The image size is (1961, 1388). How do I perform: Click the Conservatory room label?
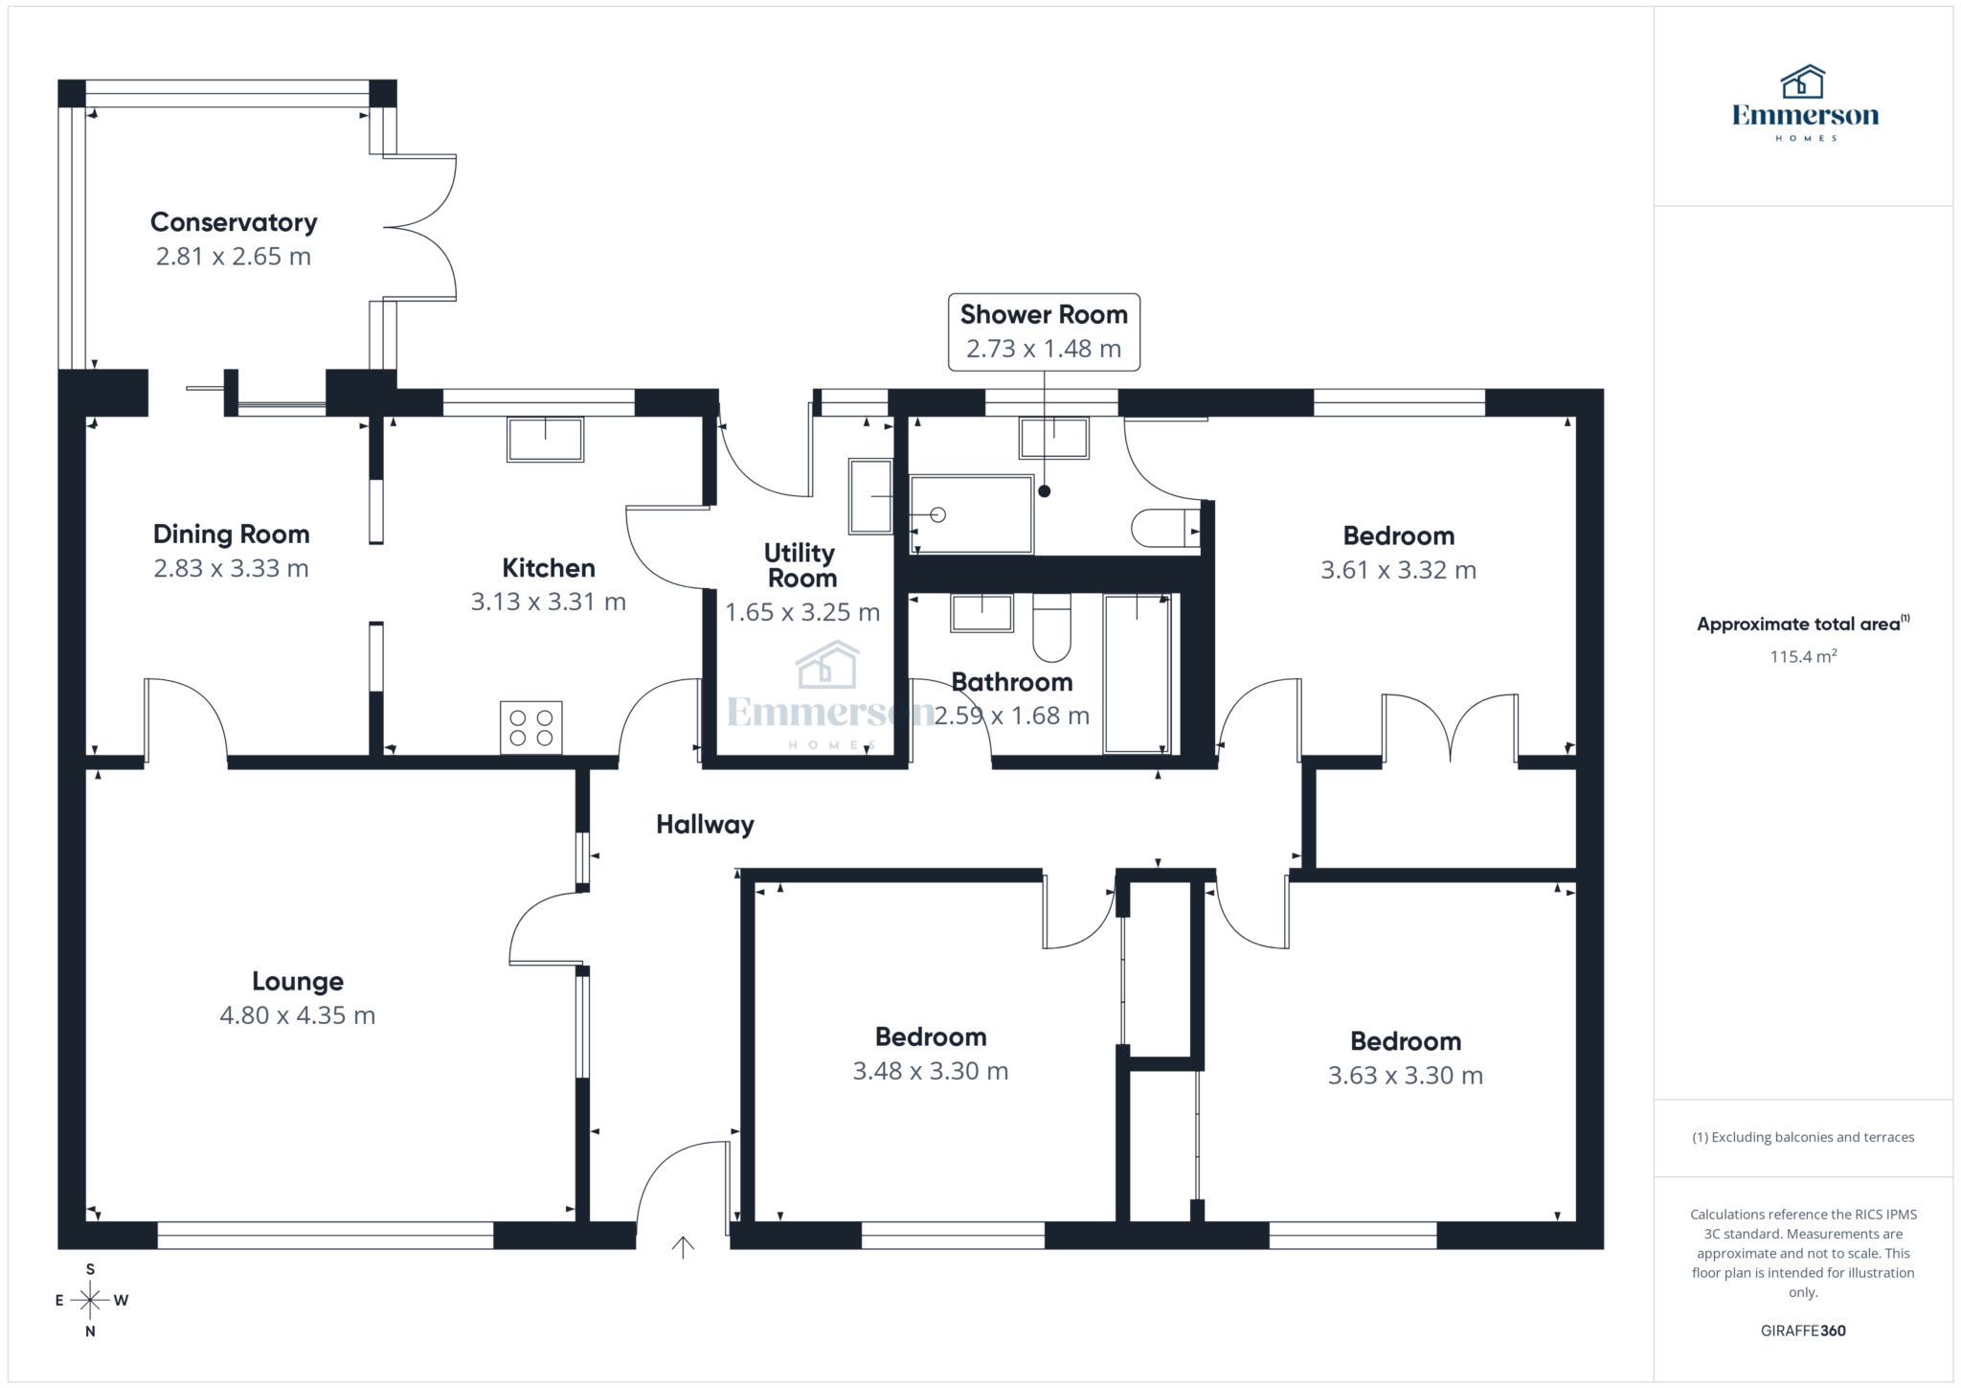pyautogui.click(x=234, y=222)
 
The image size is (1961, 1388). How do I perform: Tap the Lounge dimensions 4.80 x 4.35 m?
pyautogui.click(x=297, y=1015)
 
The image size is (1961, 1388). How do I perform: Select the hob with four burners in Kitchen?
pyautogui.click(x=531, y=727)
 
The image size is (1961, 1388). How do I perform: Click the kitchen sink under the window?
pyautogui.click(x=545, y=440)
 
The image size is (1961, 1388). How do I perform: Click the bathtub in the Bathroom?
pyautogui.click(x=1137, y=672)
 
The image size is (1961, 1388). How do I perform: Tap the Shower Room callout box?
pyautogui.click(x=1044, y=331)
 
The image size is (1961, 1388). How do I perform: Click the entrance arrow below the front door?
pyautogui.click(x=683, y=1246)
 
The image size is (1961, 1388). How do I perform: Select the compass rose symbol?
pyautogui.click(x=90, y=1300)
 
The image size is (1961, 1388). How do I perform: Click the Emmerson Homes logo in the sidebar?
pyautogui.click(x=1805, y=103)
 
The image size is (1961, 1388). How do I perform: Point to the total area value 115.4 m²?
pyautogui.click(x=1803, y=657)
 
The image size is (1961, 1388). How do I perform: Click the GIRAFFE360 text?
pyautogui.click(x=1803, y=1331)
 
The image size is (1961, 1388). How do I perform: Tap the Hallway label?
pyautogui.click(x=705, y=825)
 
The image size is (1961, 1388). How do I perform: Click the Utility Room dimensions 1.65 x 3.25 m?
pyautogui.click(x=802, y=612)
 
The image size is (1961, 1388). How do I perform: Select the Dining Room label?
pyautogui.click(x=232, y=535)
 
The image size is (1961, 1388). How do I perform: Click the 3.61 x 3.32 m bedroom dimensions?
pyautogui.click(x=1398, y=571)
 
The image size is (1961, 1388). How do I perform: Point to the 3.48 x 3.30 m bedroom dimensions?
pyautogui.click(x=931, y=1071)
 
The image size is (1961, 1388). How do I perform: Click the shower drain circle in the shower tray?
pyautogui.click(x=938, y=515)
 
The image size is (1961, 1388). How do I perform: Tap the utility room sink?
pyautogui.click(x=870, y=496)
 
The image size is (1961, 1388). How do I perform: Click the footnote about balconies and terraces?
pyautogui.click(x=1803, y=1137)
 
